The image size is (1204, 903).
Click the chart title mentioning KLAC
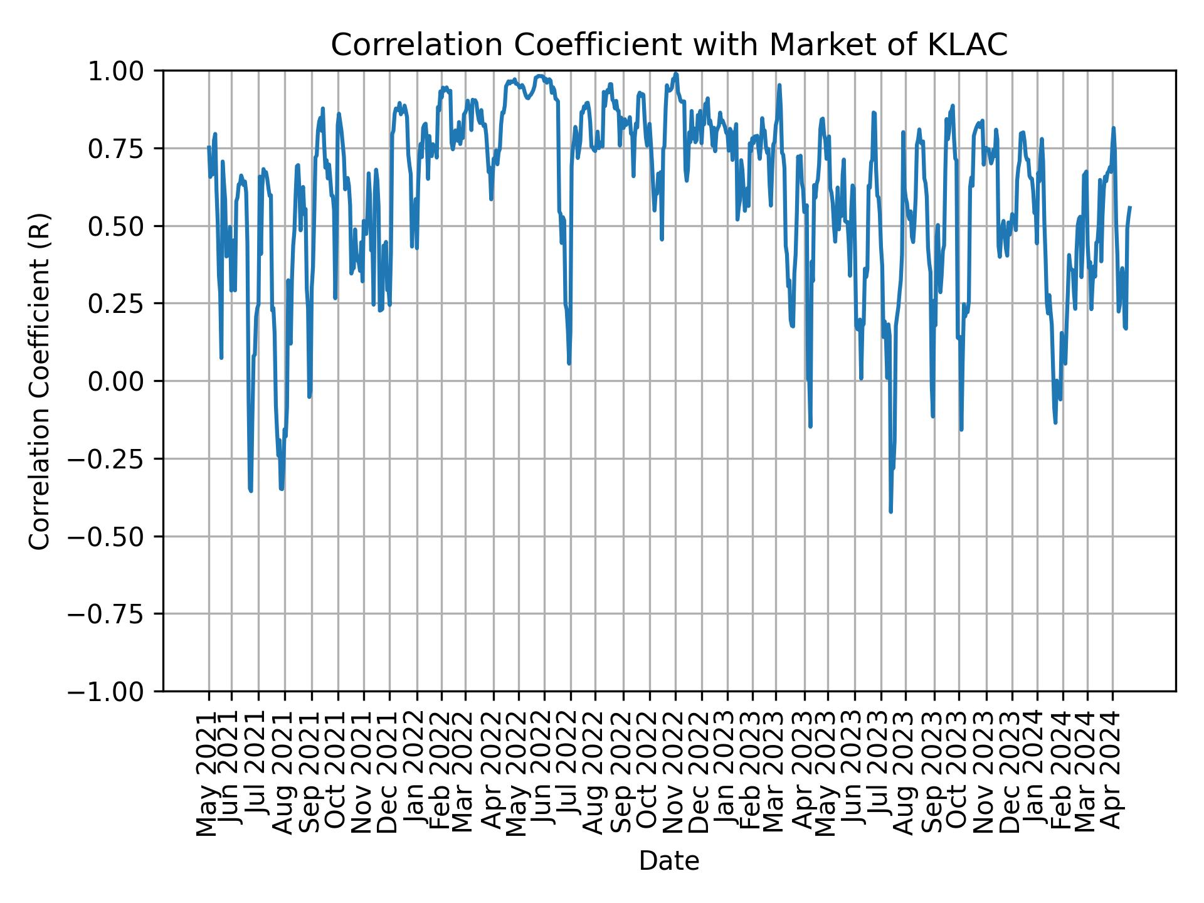(x=668, y=45)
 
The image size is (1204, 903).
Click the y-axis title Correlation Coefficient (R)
(x=40, y=381)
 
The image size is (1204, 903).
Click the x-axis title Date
(x=668, y=862)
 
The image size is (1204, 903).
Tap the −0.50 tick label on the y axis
(x=119, y=536)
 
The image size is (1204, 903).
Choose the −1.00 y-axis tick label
(x=119, y=691)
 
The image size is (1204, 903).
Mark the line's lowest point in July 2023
(x=890, y=512)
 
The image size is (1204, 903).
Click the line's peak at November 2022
(x=675, y=74)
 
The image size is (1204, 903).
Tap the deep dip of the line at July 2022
(x=569, y=363)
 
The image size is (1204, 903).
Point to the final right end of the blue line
(x=1130, y=207)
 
